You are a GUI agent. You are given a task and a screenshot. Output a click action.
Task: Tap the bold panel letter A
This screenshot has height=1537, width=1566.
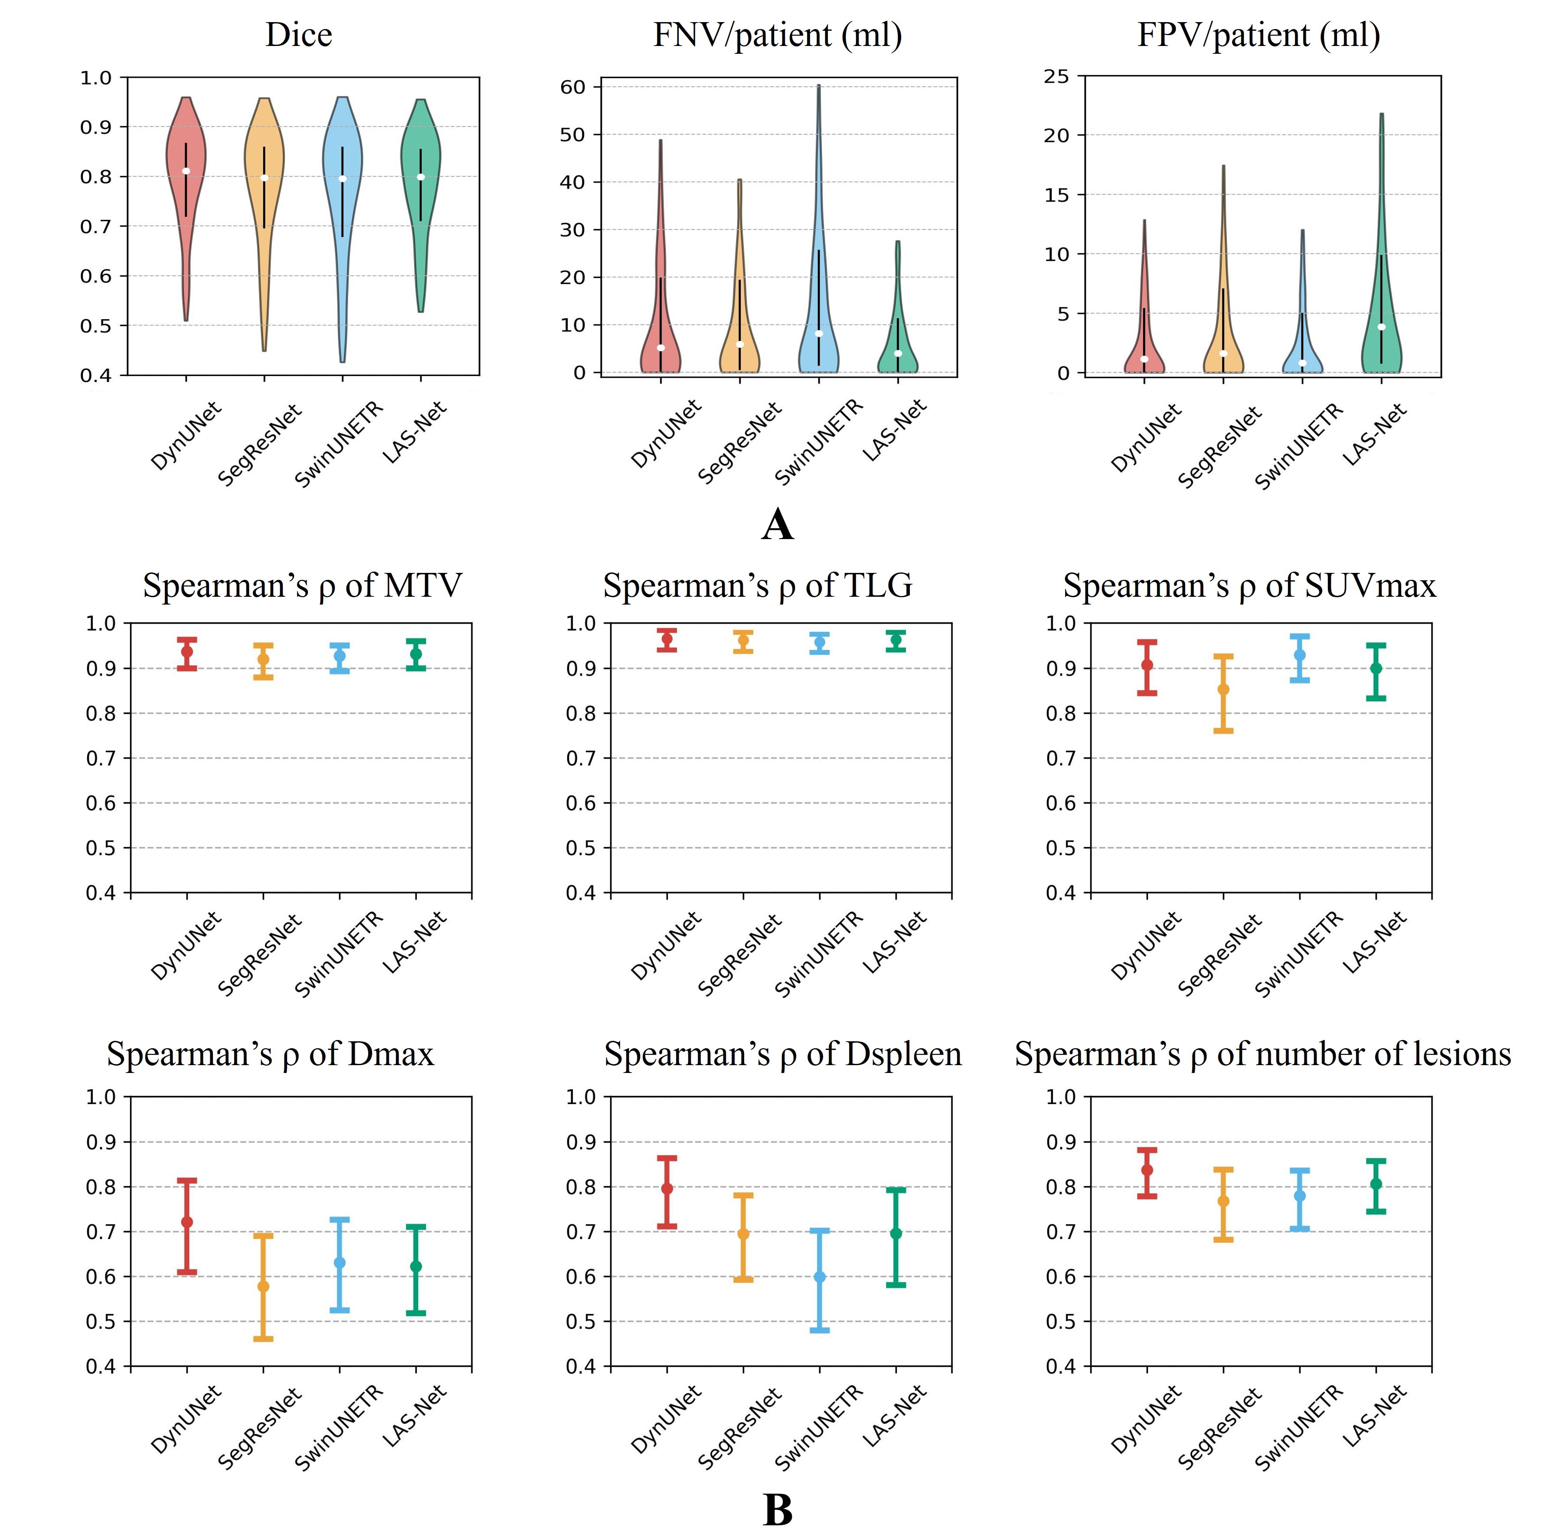point(777,526)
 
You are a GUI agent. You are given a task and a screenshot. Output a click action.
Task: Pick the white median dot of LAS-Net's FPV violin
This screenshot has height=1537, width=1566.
point(1381,327)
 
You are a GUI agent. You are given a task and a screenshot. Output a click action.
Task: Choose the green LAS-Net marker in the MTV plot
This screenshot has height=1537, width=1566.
point(416,654)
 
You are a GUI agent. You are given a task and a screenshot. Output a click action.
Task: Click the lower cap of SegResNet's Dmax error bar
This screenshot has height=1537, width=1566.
point(263,1339)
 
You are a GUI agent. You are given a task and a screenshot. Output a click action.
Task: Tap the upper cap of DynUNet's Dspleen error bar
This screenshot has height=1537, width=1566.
point(667,1158)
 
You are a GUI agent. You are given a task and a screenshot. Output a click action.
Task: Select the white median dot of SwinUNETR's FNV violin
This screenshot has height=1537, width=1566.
point(818,334)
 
